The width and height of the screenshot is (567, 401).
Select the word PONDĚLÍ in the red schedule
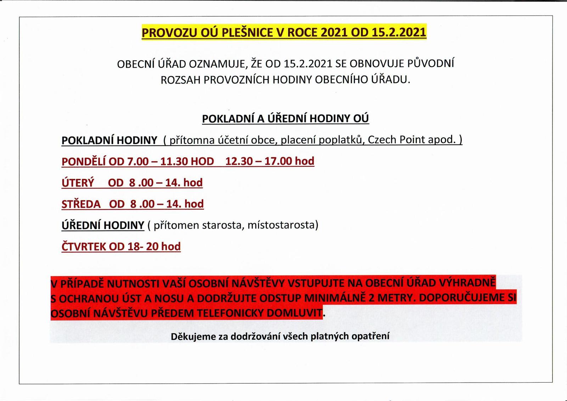(x=84, y=162)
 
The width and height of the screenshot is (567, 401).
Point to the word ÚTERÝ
(x=78, y=183)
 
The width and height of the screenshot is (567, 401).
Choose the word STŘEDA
(x=81, y=204)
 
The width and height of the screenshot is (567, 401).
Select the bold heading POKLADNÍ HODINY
(x=109, y=140)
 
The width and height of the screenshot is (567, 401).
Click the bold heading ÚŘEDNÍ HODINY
(x=103, y=225)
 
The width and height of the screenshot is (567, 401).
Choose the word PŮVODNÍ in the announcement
(x=431, y=64)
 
